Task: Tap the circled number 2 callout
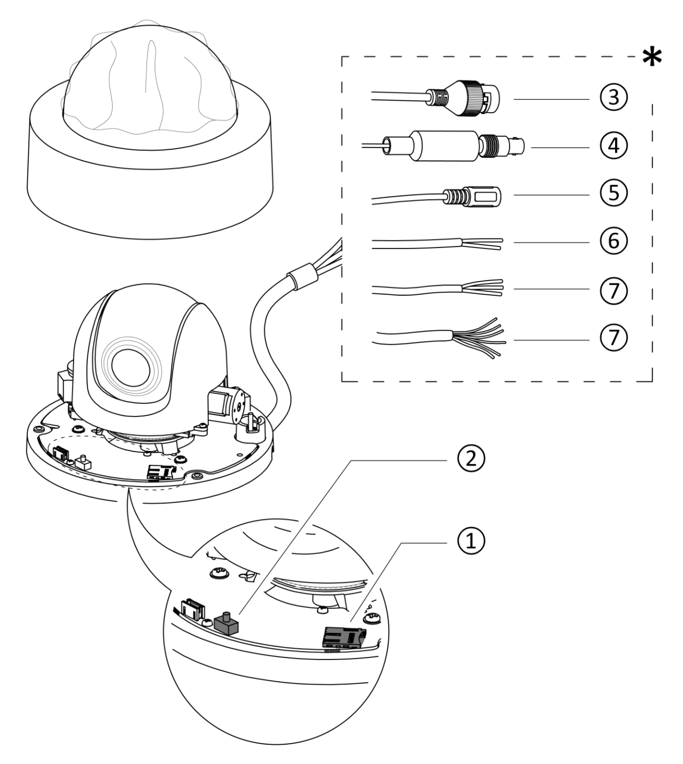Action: click(x=471, y=459)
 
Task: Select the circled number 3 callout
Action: click(x=614, y=97)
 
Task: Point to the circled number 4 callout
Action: click(x=614, y=146)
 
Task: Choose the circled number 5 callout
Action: click(x=614, y=194)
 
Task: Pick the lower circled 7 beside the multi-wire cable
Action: click(x=614, y=337)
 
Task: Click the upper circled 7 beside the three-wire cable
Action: click(x=614, y=290)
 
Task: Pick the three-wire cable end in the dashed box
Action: click(x=481, y=288)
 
